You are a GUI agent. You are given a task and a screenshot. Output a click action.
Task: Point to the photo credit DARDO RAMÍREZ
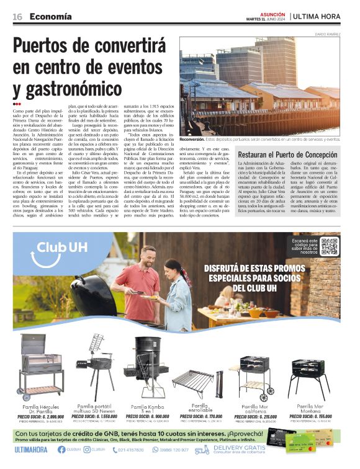(x=328, y=33)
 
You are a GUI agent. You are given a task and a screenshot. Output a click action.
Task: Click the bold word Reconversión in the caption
(x=197, y=140)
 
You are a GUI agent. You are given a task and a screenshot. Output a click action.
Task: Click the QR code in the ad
(x=329, y=246)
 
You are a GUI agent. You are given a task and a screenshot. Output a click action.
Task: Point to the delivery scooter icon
(x=202, y=450)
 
